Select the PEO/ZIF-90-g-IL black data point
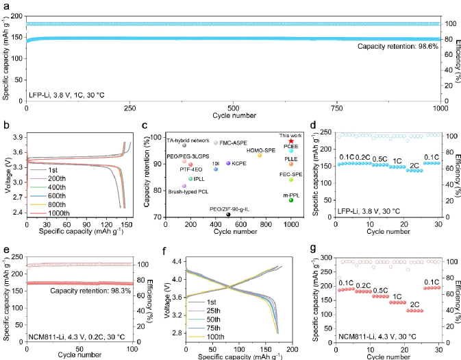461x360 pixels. click(228, 215)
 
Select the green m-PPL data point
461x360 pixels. click(291, 200)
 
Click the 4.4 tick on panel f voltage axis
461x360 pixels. click(177, 262)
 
